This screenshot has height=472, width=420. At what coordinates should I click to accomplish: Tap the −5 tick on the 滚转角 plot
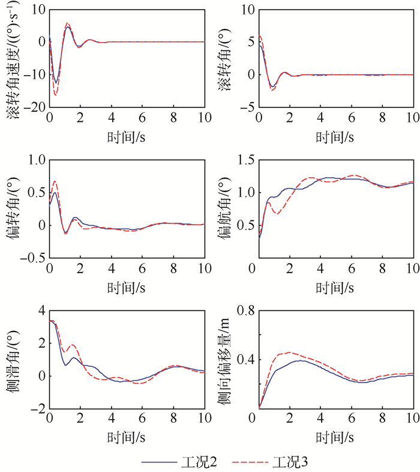coord(246,107)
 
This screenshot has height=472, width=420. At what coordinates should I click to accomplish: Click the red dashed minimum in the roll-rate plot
coord(56,95)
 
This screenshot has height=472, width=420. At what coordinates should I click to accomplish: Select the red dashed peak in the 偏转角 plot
coord(55,181)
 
